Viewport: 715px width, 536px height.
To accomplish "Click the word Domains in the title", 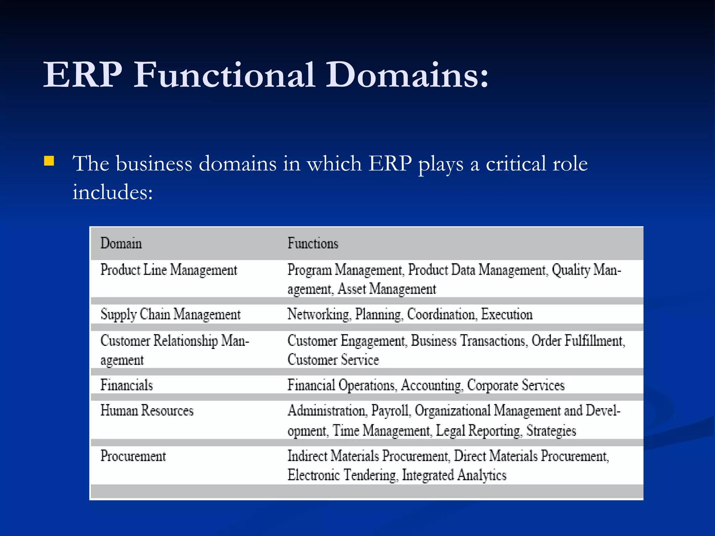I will [x=407, y=75].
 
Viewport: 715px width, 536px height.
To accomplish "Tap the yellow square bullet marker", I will [x=49, y=161].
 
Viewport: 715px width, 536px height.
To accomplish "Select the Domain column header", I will [x=121, y=243].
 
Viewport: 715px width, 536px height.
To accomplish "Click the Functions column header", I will [x=313, y=243].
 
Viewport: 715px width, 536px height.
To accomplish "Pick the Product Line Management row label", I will [x=169, y=270].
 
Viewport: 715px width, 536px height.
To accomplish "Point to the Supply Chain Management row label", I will [x=170, y=314].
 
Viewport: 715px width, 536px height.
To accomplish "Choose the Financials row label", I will [x=126, y=385].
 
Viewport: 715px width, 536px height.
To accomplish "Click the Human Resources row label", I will [x=147, y=411].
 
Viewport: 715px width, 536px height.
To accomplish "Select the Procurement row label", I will [x=133, y=456].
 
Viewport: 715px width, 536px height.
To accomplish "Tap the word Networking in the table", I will [x=318, y=314].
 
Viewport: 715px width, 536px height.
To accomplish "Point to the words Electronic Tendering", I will [x=342, y=475].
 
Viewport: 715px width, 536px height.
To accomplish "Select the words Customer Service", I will [x=333, y=360].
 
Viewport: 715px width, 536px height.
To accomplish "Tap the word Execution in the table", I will [x=507, y=314].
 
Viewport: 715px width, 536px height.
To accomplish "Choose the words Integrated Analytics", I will [x=454, y=475].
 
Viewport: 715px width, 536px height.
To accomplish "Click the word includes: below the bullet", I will [x=112, y=192].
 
